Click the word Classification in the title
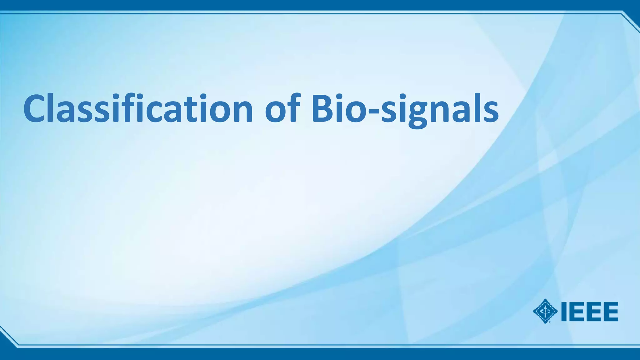tap(137, 108)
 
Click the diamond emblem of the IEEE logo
tap(545, 311)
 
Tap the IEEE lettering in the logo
tap(589, 311)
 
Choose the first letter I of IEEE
tap(564, 311)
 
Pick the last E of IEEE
tap(611, 311)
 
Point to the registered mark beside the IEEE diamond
tap(549, 322)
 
